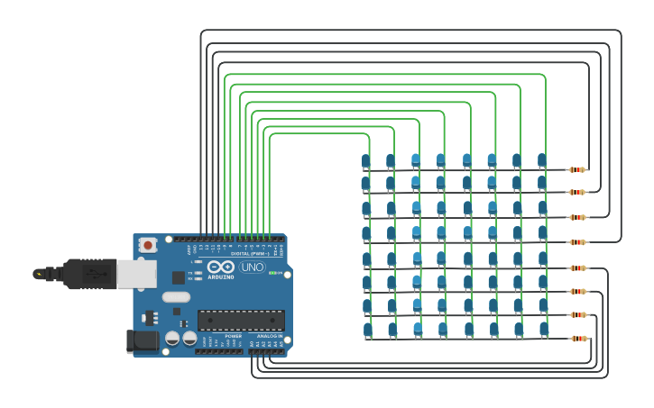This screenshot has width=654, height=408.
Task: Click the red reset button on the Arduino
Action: [x=147, y=244]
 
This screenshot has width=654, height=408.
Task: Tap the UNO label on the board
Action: [x=253, y=267]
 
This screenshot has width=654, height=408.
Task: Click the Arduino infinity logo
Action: [x=221, y=267]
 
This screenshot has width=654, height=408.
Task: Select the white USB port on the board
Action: [x=136, y=274]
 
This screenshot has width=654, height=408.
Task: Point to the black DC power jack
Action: [x=142, y=340]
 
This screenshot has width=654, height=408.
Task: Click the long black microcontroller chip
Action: [x=241, y=320]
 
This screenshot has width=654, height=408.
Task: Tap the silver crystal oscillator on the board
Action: [x=177, y=296]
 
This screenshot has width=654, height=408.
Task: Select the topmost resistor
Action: [x=577, y=169]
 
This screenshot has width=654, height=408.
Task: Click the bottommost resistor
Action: [x=578, y=339]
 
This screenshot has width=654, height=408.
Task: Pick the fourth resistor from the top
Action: [x=577, y=242]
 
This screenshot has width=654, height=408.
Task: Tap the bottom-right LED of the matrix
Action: [x=544, y=330]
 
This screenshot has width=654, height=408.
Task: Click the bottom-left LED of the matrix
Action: [x=368, y=331]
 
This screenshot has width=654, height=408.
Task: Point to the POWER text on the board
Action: [x=233, y=336]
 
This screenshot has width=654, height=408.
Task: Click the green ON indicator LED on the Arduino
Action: [x=274, y=273]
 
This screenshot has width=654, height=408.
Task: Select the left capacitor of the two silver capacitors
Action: [x=172, y=339]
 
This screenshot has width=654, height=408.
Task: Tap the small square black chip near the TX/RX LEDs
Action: [x=179, y=277]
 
